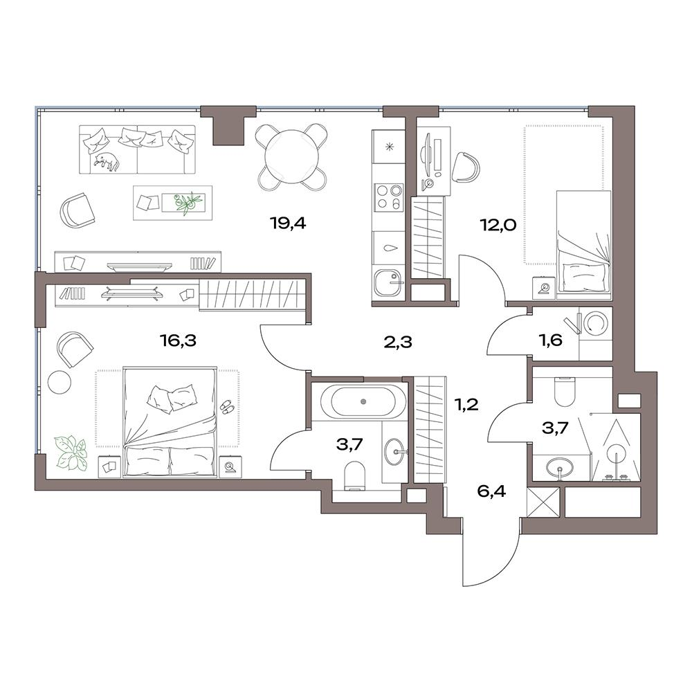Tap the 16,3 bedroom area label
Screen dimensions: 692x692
[178, 341]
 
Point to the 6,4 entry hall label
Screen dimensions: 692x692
[491, 491]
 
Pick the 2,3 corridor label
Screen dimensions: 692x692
[398, 342]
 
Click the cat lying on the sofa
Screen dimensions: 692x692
[106, 161]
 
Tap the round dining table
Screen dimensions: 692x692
[291, 157]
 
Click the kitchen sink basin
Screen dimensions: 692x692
[387, 282]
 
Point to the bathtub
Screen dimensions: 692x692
[363, 401]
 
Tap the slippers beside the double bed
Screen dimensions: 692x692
[228, 406]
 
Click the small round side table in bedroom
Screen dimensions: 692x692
[59, 381]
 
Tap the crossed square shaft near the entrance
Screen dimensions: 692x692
[543, 502]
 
